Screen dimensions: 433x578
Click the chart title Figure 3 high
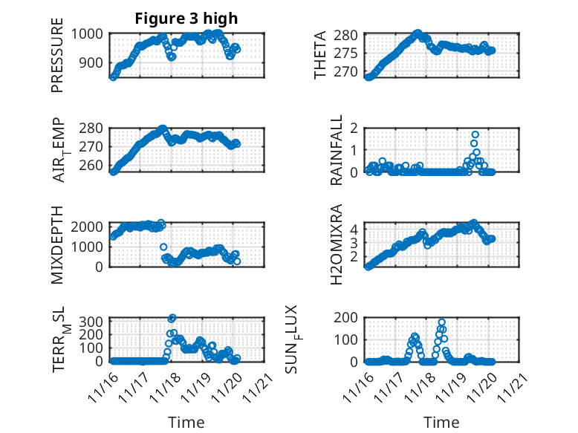click(x=186, y=19)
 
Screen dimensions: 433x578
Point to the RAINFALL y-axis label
click(x=337, y=150)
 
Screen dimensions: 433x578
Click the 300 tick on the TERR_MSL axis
click(x=97, y=321)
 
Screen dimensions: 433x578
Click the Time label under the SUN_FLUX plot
click(x=441, y=423)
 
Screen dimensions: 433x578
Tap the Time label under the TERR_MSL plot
click(x=186, y=423)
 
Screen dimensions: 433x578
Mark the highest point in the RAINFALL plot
click(x=475, y=135)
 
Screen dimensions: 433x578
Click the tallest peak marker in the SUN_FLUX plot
click(x=442, y=323)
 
